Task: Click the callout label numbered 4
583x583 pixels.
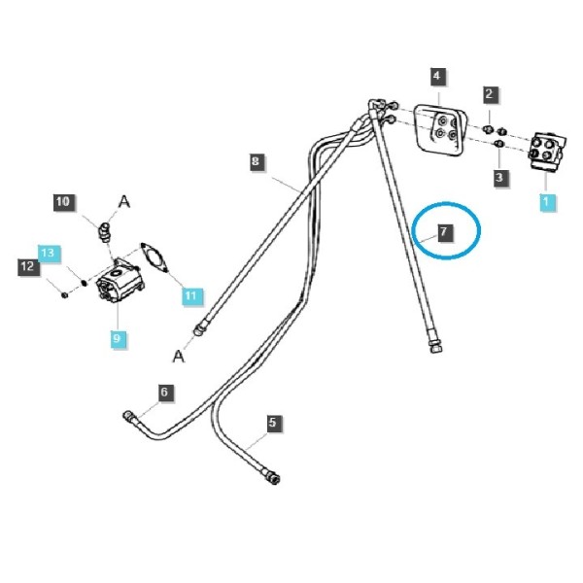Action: (x=437, y=76)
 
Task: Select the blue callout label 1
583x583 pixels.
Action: (x=546, y=202)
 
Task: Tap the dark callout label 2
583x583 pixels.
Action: (x=489, y=94)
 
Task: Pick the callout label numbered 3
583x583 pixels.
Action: (x=499, y=177)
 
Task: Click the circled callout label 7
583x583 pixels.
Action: (x=444, y=232)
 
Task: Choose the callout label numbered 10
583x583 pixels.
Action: (x=63, y=202)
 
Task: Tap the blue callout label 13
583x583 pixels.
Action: (x=48, y=254)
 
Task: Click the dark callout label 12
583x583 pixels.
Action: (x=27, y=266)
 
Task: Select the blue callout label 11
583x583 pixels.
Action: (x=190, y=296)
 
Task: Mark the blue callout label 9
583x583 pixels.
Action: (x=117, y=338)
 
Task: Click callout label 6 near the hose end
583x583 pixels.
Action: (x=164, y=393)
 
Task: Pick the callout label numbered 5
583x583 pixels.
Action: (x=273, y=423)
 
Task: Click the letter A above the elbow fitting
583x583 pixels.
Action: (x=123, y=202)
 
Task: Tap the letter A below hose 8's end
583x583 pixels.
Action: (x=179, y=357)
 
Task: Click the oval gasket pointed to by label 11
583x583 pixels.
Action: (x=154, y=257)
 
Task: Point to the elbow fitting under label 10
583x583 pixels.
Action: (x=105, y=231)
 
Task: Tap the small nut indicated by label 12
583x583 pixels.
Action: (x=64, y=294)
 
